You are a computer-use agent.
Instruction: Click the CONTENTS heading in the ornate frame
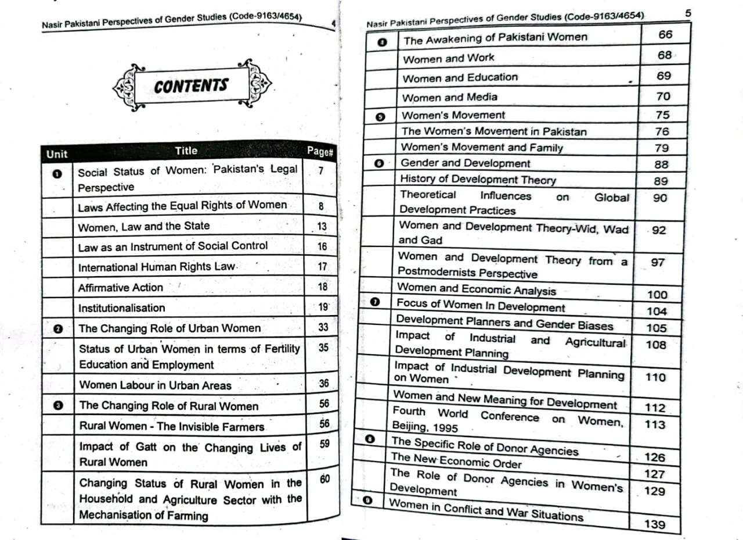[191, 86]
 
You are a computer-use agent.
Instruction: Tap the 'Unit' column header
[56, 154]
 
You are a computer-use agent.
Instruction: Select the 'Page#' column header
[320, 152]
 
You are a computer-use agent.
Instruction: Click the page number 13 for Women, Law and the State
[322, 227]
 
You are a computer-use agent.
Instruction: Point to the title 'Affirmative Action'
[121, 288]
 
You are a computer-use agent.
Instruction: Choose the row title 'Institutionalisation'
[122, 308]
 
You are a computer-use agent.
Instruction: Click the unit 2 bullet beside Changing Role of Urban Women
[57, 329]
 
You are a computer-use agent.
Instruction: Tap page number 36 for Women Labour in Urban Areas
[323, 384]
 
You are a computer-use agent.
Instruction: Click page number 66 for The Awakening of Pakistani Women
[665, 35]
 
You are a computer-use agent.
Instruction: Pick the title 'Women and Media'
[450, 97]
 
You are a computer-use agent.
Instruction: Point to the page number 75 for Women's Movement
[662, 115]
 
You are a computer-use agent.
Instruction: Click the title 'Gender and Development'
[466, 163]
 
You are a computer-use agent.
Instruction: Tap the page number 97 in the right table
[657, 263]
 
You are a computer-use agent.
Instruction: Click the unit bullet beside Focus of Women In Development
[375, 302]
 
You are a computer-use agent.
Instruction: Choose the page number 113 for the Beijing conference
[655, 424]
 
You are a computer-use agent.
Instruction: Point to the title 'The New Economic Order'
[456, 460]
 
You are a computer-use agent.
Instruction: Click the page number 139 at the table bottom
[654, 524]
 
